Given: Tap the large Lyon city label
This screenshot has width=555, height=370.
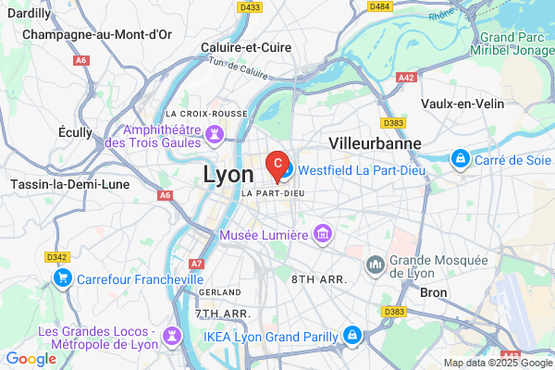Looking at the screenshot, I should click(228, 174).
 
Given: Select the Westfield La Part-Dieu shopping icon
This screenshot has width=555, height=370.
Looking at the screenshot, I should click(287, 171).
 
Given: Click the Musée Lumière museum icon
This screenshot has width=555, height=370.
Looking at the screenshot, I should click(323, 235).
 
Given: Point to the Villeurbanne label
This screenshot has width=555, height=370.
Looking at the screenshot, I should click(375, 143).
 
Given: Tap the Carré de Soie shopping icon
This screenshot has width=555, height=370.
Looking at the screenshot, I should click(460, 160).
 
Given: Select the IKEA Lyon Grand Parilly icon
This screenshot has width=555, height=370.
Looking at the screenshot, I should click(351, 334).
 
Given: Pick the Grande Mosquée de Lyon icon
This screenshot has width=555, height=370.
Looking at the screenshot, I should click(376, 265).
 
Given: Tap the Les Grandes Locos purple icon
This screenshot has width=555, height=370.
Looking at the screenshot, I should click(170, 333).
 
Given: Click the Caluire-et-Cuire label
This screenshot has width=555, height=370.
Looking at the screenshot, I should click(245, 47).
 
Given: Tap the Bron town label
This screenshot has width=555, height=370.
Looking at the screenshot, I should click(433, 292).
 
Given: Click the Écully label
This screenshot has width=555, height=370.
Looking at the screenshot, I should click(75, 132).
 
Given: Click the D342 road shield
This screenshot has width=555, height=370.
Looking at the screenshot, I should click(56, 256).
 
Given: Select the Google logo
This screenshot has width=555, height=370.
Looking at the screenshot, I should click(30, 359).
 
